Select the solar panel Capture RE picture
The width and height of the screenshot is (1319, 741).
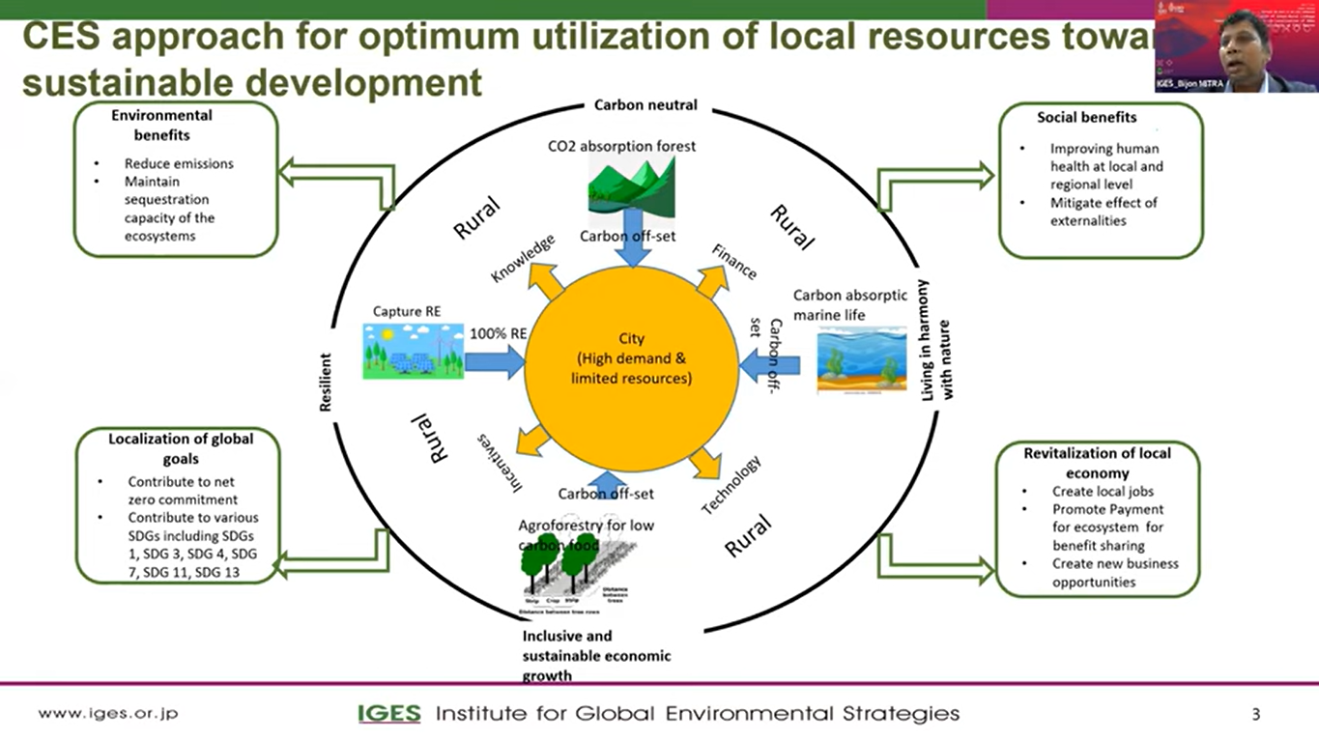413,351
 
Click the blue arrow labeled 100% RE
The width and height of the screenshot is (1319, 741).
494,363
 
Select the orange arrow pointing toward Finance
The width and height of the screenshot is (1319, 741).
711,281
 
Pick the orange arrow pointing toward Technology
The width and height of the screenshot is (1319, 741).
703,463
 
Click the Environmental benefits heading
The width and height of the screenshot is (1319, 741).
161,125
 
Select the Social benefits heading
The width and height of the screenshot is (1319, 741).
1086,117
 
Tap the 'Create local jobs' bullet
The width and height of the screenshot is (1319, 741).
1103,491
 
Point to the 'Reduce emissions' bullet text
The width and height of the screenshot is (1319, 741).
179,163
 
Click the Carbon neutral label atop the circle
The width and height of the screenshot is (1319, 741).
645,104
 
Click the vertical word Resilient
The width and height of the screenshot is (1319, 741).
326,382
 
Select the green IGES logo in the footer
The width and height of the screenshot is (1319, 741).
389,714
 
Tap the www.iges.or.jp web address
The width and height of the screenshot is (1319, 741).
108,714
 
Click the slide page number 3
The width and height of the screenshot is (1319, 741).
1255,715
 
